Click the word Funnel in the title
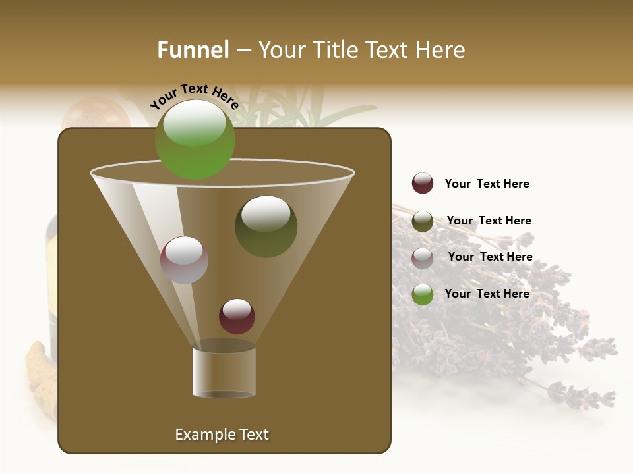[193, 50]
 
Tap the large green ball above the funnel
[195, 140]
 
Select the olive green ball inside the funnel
[266, 226]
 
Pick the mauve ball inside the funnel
[184, 260]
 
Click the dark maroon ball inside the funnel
[237, 316]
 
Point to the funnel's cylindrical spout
[224, 373]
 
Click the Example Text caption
[222, 434]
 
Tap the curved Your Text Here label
[194, 97]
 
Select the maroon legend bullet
[423, 184]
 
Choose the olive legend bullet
[423, 221]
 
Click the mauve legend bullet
[423, 258]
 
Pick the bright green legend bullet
[423, 294]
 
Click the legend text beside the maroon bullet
[487, 184]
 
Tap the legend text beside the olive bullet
[489, 221]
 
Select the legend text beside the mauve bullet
[490, 257]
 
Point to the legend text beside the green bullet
[487, 294]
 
